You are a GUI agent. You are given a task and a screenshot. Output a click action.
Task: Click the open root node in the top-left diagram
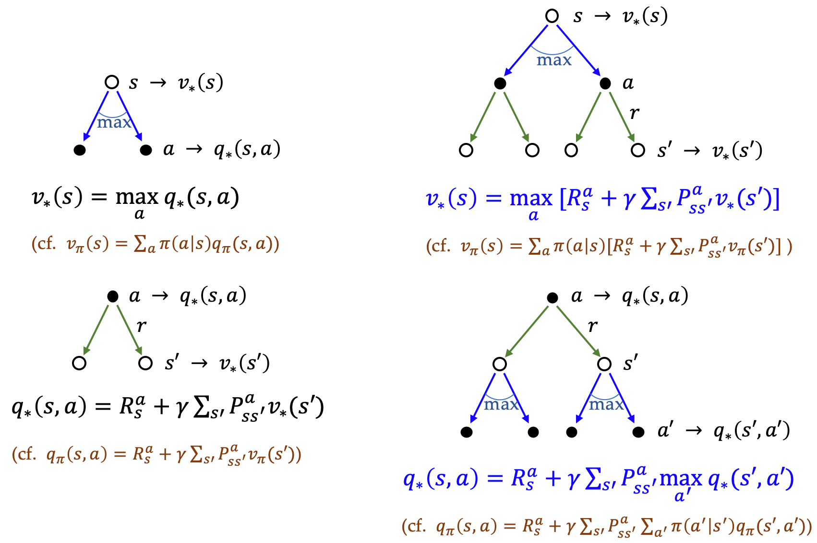112,83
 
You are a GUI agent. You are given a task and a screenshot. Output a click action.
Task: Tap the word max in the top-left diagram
114,123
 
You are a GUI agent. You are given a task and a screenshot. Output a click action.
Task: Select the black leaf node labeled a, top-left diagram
146,150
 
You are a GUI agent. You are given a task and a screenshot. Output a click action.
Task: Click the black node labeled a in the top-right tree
605,84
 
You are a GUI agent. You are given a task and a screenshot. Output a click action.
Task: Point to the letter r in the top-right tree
635,113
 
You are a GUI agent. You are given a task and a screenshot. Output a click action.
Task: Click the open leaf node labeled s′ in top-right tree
637,150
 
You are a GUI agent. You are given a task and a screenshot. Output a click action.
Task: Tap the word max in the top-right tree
554,60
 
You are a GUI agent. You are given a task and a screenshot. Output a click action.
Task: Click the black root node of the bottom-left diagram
113,296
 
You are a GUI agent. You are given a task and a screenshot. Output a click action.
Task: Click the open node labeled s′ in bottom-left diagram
145,363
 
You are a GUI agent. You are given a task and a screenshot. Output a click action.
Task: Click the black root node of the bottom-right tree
553,298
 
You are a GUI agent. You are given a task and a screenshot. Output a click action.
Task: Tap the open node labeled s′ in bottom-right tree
604,364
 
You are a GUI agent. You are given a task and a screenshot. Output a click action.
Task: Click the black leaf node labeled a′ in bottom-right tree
638,432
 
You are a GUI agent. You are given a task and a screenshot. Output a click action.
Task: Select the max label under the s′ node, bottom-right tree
606,405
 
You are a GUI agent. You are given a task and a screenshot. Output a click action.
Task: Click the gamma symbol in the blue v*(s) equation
629,199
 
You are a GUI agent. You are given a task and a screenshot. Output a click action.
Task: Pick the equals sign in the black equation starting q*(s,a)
103,407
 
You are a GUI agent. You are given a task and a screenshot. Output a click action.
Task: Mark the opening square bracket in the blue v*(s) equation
564,199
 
